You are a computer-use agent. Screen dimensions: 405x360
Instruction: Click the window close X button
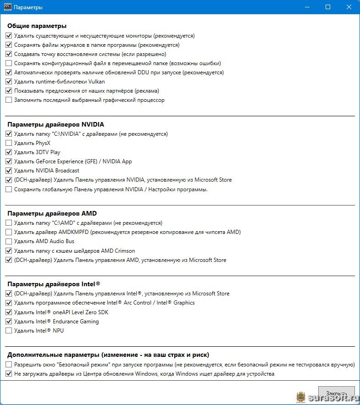tap(349, 7)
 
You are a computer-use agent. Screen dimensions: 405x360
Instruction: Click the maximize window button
tap(328, 7)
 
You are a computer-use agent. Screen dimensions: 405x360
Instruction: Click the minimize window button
tap(306, 7)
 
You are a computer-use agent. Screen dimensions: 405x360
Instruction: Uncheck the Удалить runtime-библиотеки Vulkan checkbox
tap(9, 82)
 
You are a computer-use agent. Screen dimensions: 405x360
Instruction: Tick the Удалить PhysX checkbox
tap(9, 143)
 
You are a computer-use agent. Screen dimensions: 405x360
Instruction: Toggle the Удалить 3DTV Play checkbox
tap(9, 152)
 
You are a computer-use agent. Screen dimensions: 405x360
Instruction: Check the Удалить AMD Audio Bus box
tap(9, 241)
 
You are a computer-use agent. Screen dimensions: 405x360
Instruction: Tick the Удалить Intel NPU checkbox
tap(9, 331)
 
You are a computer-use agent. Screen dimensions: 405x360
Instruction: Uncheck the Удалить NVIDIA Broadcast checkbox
tap(9, 171)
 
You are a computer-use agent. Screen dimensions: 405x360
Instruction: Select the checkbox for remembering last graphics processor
tap(9, 100)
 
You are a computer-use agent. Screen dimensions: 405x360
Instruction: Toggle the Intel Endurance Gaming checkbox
tap(9, 322)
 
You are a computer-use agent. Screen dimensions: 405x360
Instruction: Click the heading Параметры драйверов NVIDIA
tap(55, 124)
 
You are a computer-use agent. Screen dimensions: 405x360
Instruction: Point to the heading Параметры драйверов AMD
tap(52, 213)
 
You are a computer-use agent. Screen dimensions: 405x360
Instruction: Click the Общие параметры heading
tap(37, 26)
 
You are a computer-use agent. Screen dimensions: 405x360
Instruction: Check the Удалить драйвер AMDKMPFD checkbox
tap(9, 232)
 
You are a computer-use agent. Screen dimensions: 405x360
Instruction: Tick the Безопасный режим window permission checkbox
tap(9, 365)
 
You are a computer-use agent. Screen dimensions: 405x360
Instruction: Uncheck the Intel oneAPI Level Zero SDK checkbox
tap(9, 312)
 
